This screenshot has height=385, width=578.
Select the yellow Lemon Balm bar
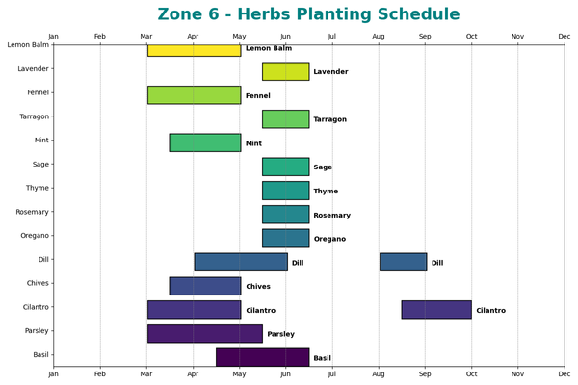tap(194, 50)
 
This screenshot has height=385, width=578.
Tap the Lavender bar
tap(285, 71)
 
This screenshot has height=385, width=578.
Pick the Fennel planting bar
tap(194, 95)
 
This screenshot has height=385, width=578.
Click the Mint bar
tap(205, 142)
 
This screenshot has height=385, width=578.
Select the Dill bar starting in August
tap(403, 262)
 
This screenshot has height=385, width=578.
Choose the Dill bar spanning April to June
tap(241, 262)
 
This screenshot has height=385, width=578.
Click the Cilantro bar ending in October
tap(436, 310)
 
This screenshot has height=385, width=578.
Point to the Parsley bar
tap(204, 333)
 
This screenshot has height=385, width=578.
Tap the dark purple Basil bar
tap(262, 357)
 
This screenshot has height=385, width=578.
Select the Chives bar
tap(205, 286)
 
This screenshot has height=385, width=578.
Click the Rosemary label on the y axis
tap(33, 212)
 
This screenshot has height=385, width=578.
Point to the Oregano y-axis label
tap(34, 236)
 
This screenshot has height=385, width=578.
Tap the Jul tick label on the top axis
tap(332, 37)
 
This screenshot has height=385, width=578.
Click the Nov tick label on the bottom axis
tap(517, 373)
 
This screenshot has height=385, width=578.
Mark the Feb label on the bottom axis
tap(100, 373)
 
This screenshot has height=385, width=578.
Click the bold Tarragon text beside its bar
tap(330, 119)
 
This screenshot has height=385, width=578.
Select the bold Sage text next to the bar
tap(323, 167)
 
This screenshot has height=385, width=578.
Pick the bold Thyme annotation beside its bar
tap(326, 192)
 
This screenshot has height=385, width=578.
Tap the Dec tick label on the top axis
tap(564, 37)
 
